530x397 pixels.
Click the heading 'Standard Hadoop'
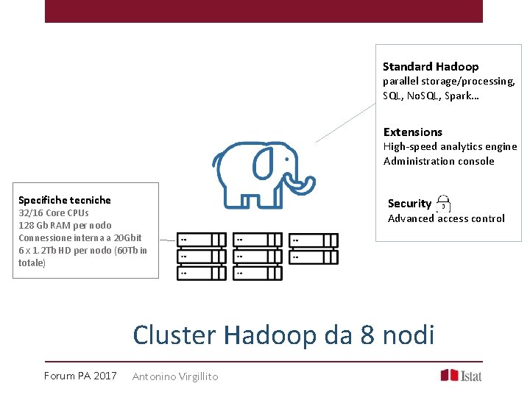click(430, 67)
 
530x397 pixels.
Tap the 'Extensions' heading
click(412, 132)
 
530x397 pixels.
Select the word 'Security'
click(409, 204)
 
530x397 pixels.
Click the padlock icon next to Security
click(443, 204)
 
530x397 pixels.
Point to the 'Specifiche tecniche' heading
click(65, 200)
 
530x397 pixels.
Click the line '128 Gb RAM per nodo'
click(65, 225)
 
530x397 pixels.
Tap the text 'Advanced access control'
click(446, 218)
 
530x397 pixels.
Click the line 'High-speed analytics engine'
click(450, 147)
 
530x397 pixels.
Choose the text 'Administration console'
click(439, 161)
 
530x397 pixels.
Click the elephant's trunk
click(304, 180)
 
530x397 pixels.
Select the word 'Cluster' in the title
click(174, 335)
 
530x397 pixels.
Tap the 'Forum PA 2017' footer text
click(80, 376)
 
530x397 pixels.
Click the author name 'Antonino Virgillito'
click(175, 376)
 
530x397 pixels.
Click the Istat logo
click(461, 375)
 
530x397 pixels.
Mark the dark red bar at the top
click(264, 11)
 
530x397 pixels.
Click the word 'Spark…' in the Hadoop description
click(462, 96)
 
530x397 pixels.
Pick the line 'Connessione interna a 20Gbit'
click(79, 237)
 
